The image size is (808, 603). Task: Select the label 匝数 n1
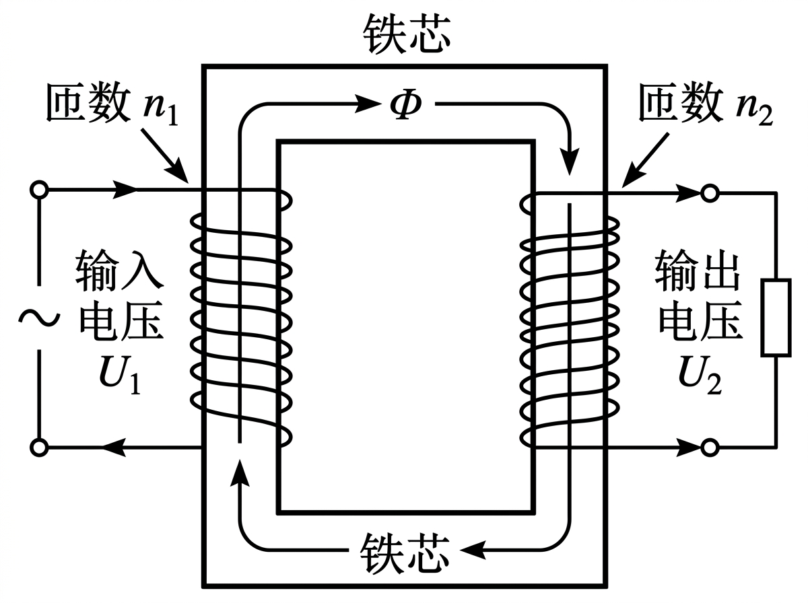pos(110,105)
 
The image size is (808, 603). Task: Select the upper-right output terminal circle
pos(708,194)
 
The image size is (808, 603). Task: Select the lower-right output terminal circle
pos(708,446)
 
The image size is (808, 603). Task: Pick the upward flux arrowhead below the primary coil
pos(239,471)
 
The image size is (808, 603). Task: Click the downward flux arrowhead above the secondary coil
pos(570,162)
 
